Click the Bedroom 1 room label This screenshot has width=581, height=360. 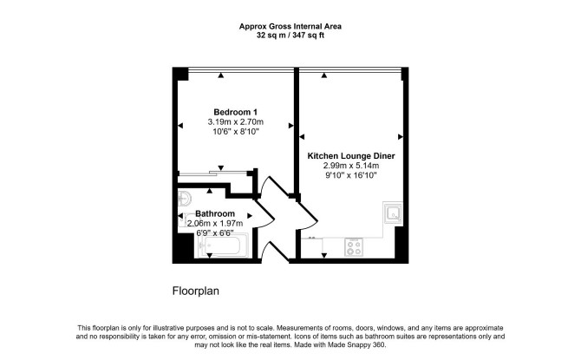click(x=235, y=112)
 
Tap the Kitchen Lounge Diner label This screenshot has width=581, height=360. click(x=351, y=156)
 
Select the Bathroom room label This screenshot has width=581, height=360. click(x=215, y=213)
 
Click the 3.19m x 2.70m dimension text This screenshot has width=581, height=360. click(x=235, y=121)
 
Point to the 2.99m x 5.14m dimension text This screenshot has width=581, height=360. click(x=351, y=166)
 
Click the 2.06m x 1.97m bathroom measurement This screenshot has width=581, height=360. click(x=215, y=223)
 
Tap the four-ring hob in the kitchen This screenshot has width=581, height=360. click(x=354, y=247)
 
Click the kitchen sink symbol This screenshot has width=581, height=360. click(x=393, y=213)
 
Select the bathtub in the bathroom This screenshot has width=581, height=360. click(x=222, y=245)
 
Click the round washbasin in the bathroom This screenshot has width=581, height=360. click(x=184, y=199)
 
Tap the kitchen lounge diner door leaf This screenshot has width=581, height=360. click(x=308, y=212)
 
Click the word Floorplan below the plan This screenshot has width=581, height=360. click(x=196, y=291)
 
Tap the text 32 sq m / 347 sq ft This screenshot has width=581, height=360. click(x=290, y=36)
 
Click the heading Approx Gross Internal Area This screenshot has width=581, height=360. click(x=290, y=26)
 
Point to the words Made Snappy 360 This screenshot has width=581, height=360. click(x=357, y=345)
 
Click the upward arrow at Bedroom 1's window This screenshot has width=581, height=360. click(x=221, y=75)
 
